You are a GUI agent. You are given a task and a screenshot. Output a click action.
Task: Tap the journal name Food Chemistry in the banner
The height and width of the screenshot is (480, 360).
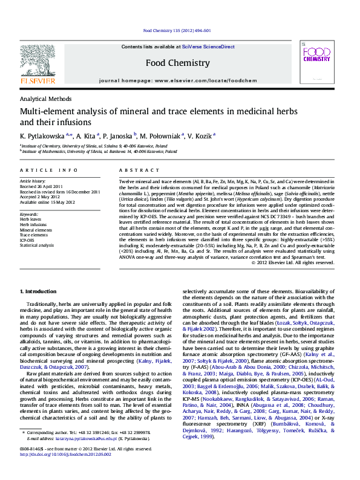pos(178,62)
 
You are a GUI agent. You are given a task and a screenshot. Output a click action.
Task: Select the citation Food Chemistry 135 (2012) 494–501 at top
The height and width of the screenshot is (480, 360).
pos(177,30)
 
